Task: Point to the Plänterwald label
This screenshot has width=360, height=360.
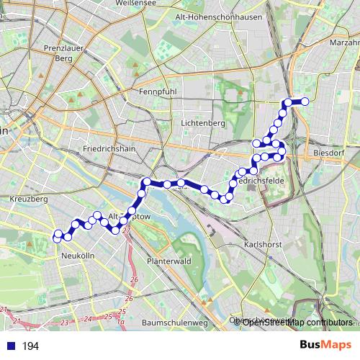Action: [168, 261]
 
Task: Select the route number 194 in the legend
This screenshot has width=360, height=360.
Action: [30, 346]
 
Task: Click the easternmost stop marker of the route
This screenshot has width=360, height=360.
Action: [305, 102]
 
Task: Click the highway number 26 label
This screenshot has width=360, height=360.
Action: [133, 279]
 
